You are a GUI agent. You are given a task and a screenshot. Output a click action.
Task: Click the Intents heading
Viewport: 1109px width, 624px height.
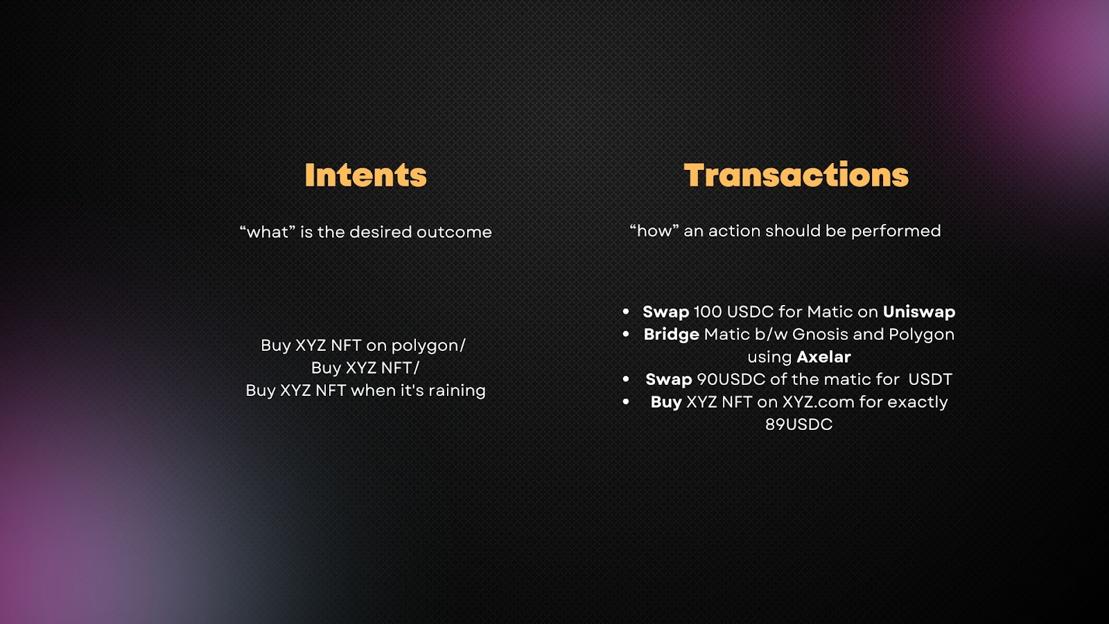coord(365,175)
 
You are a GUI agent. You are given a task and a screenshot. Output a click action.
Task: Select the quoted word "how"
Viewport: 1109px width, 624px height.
coord(654,230)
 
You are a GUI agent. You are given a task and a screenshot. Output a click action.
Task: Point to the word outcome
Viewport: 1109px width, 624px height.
coord(454,232)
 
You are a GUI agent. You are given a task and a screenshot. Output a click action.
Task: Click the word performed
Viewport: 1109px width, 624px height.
coord(896,231)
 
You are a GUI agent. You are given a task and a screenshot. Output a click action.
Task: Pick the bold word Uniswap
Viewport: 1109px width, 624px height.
coord(919,312)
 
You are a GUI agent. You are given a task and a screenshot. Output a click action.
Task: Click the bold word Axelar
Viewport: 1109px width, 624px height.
coord(824,356)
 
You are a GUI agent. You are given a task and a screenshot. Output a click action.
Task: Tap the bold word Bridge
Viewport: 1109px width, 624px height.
coord(672,335)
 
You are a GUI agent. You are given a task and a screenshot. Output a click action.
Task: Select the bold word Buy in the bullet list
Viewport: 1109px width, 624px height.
coord(666,402)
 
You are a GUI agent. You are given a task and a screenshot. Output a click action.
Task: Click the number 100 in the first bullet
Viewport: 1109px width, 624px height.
coord(708,312)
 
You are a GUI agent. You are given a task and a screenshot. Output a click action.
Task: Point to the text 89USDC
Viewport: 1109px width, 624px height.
coord(798,424)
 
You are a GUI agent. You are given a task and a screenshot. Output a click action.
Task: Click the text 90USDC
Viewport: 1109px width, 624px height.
coord(731,379)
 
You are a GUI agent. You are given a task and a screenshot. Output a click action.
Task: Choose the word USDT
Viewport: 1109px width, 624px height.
coord(930,379)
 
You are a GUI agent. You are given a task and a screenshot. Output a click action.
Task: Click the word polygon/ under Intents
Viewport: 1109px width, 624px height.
coord(428,346)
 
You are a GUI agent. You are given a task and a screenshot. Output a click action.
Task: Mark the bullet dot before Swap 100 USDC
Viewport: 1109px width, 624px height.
coord(626,311)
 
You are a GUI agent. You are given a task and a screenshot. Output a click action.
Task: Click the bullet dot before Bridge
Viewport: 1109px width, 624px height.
coord(626,334)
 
